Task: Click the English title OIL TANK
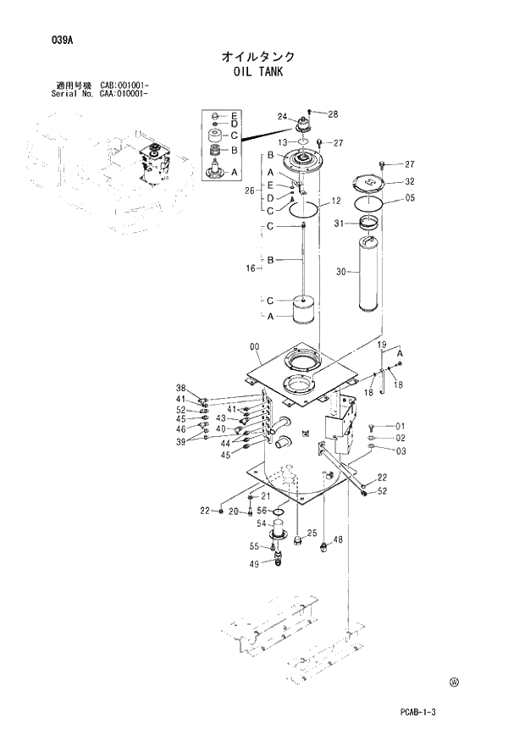pos(259,72)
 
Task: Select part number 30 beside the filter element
pos(341,272)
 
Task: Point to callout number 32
pos(409,181)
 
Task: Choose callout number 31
pos(339,224)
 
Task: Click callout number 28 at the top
pos(332,114)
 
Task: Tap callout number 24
pos(282,117)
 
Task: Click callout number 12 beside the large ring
pos(335,202)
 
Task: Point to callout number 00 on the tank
pos(254,346)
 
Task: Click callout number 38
pos(180,389)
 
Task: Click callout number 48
pos(338,540)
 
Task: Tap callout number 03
pos(401,451)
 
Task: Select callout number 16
pos(251,269)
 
